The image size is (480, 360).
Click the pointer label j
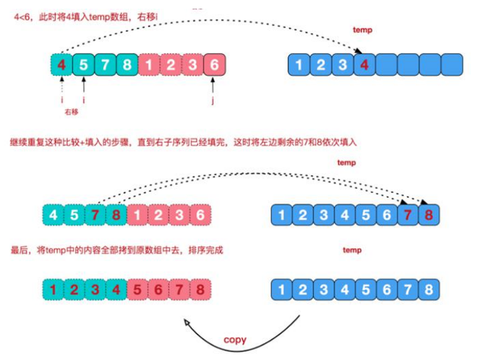click(x=213, y=100)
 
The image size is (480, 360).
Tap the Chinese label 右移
click(x=71, y=112)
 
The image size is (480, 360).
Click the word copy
click(x=235, y=340)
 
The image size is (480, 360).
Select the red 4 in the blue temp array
click(x=364, y=65)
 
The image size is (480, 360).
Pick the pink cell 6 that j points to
click(x=214, y=65)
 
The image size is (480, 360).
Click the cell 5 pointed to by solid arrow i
click(x=84, y=65)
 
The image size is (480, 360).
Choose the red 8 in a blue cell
click(x=429, y=215)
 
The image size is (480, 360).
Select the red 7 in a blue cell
click(x=407, y=215)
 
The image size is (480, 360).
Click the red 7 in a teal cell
click(x=95, y=215)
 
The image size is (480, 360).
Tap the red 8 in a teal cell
click(x=116, y=215)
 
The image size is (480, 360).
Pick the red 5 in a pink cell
click(x=137, y=289)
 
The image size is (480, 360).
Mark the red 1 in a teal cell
click(x=53, y=289)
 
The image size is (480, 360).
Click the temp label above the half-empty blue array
click(x=362, y=30)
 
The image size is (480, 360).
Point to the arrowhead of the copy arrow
click(x=186, y=322)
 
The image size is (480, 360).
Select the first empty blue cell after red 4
click(x=386, y=65)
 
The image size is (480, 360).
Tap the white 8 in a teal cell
click(x=127, y=65)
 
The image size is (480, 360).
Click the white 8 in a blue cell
click(x=429, y=289)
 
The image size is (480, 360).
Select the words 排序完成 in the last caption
click(x=206, y=250)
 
